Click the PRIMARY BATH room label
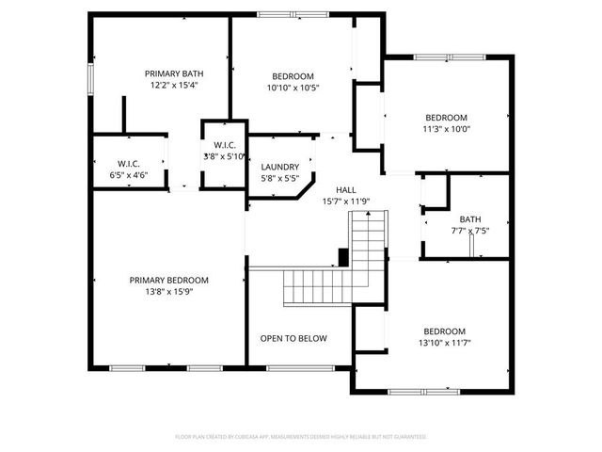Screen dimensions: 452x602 coord(173,73)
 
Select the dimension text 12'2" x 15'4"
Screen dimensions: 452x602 coord(173,85)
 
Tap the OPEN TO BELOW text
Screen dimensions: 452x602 coord(293,338)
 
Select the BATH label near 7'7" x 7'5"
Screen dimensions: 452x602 coord(469,218)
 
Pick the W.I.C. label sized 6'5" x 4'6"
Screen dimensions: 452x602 coord(129,163)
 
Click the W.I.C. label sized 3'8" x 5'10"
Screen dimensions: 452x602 coord(224,144)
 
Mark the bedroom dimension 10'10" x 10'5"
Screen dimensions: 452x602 coord(293,88)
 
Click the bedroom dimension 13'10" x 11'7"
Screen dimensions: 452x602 coord(444,343)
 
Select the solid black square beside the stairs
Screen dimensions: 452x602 coord(343,256)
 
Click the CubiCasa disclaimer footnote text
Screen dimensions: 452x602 coord(301,437)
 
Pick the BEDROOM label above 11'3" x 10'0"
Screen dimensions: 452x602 coord(446,118)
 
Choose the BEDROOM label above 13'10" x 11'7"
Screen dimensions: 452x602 coord(444,331)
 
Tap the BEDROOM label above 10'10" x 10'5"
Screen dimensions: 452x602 coord(293,76)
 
